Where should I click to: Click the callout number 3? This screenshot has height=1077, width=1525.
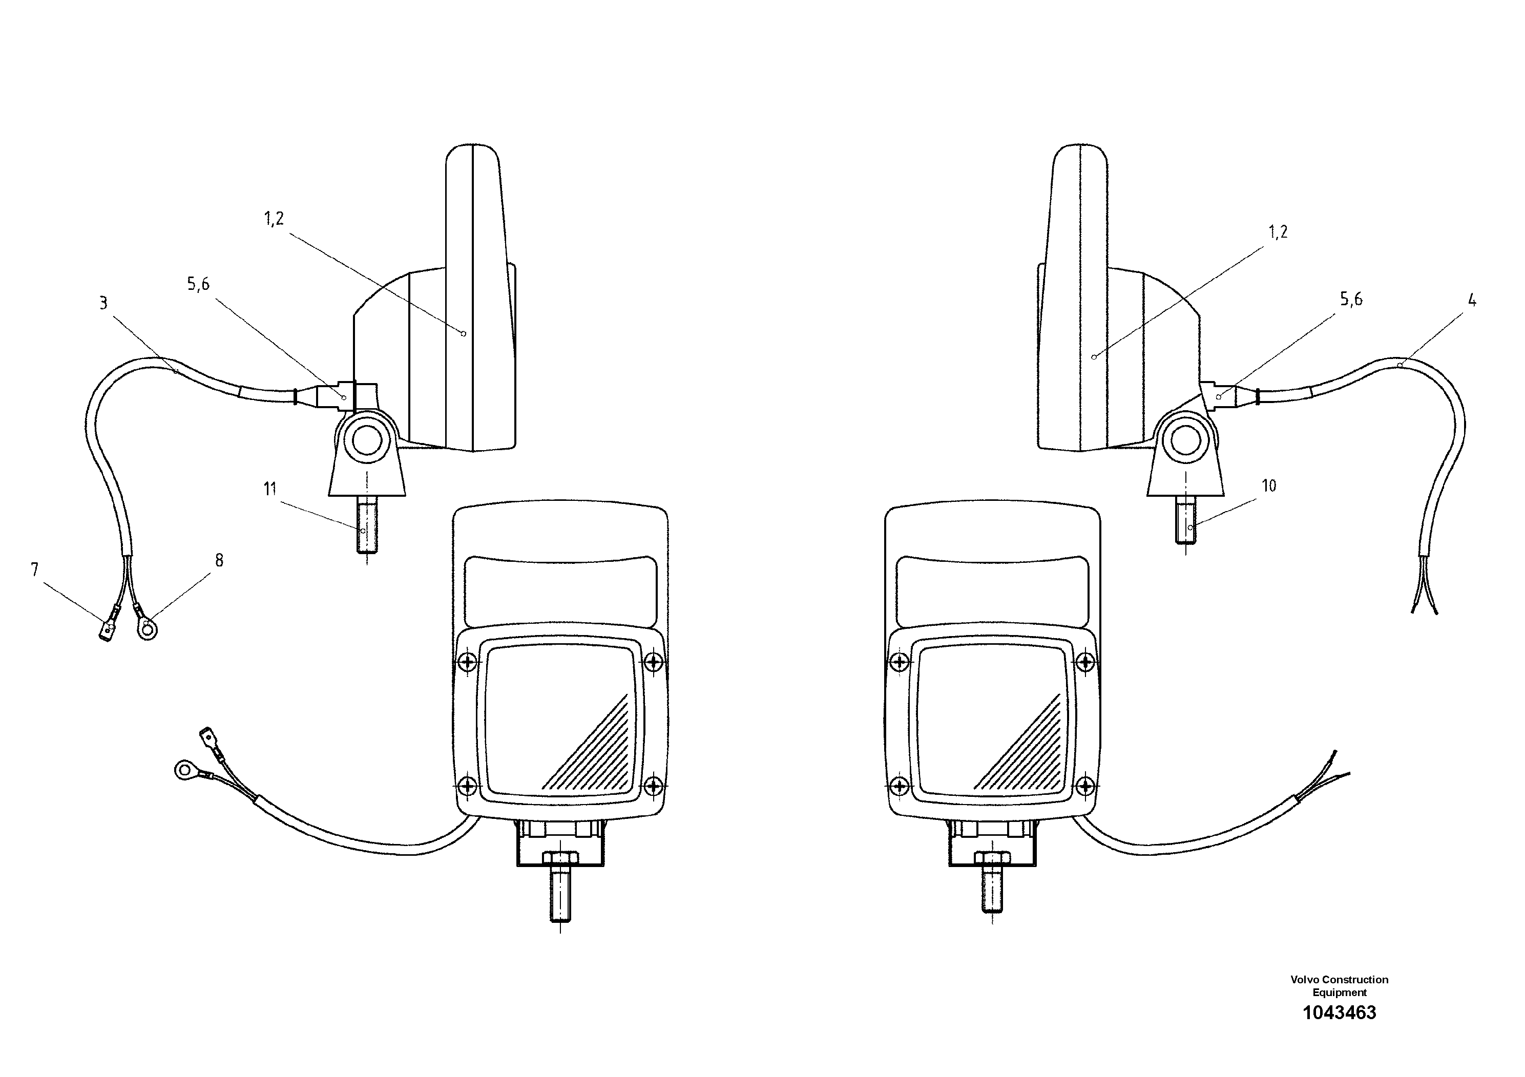103,304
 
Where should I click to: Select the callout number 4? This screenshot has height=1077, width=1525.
1472,300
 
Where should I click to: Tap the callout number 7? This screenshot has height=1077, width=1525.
34,569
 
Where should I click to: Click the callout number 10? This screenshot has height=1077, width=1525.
1269,486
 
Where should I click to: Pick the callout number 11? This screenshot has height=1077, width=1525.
269,490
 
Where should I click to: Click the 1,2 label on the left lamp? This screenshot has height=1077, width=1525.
274,219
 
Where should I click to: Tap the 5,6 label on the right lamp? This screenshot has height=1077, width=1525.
1351,300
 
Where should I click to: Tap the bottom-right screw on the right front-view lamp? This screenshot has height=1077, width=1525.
1085,786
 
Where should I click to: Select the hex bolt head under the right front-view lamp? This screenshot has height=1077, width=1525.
992,858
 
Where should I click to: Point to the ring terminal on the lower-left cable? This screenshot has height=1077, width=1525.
183,770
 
